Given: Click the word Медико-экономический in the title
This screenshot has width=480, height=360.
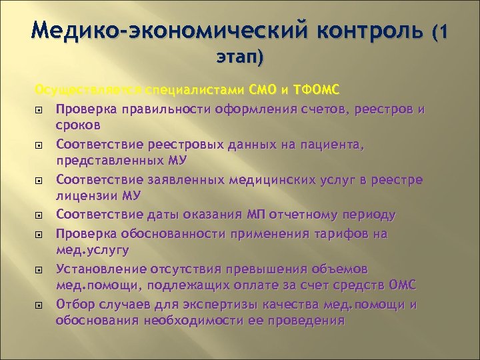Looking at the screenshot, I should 159,30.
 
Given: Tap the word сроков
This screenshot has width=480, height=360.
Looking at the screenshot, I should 78,125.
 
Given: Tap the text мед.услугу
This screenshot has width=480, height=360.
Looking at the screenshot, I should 92,251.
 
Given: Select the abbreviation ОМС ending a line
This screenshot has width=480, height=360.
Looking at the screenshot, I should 402,285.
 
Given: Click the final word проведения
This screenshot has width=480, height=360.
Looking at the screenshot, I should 305,321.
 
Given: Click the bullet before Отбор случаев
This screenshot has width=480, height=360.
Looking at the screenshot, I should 39,305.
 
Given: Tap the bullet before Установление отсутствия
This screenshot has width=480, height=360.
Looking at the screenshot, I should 39,269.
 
